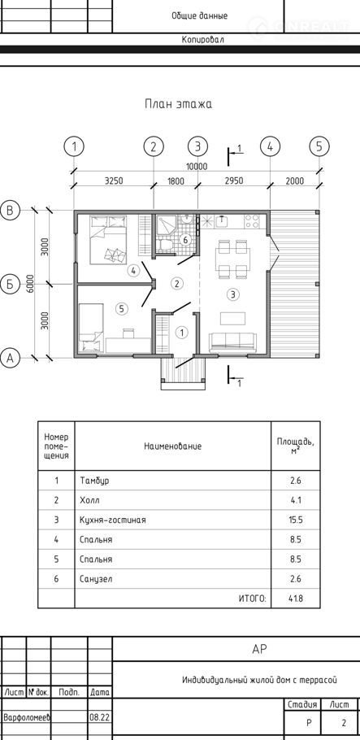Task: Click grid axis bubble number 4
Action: click(x=270, y=146)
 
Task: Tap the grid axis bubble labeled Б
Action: click(x=10, y=284)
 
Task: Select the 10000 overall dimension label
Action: click(x=197, y=166)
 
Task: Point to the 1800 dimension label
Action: click(x=176, y=181)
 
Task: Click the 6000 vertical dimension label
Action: click(x=30, y=284)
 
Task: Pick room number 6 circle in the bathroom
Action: click(x=185, y=240)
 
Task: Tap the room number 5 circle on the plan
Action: click(x=121, y=309)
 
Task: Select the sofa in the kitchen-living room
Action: click(x=232, y=342)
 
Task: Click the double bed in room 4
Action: click(x=109, y=239)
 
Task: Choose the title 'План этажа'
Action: click(x=178, y=104)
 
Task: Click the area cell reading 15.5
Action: click(x=295, y=520)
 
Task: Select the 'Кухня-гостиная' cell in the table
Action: click(x=113, y=520)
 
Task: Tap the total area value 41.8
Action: click(x=295, y=599)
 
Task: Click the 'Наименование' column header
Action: click(x=173, y=446)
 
